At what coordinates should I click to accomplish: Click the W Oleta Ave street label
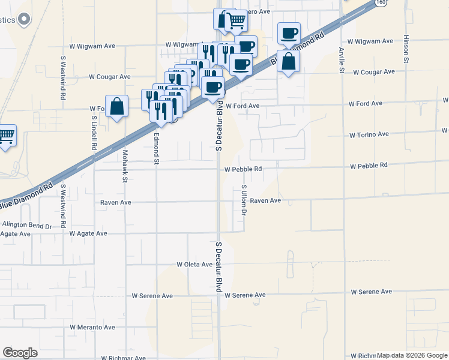pos(195,265)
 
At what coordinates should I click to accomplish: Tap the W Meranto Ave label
pos(92,328)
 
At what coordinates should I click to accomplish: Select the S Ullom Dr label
pos(244,200)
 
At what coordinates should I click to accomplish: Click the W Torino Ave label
pos(369,134)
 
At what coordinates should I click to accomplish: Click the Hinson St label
pos(406,49)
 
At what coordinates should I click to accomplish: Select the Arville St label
pos(341,60)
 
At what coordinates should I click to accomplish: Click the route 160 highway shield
pos(381,2)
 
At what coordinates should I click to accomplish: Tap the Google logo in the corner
pos(20,353)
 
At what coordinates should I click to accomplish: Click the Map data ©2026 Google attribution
pos(412,356)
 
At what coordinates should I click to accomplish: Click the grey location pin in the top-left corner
pos(24,19)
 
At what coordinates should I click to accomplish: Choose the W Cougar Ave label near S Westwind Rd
pos(109,77)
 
